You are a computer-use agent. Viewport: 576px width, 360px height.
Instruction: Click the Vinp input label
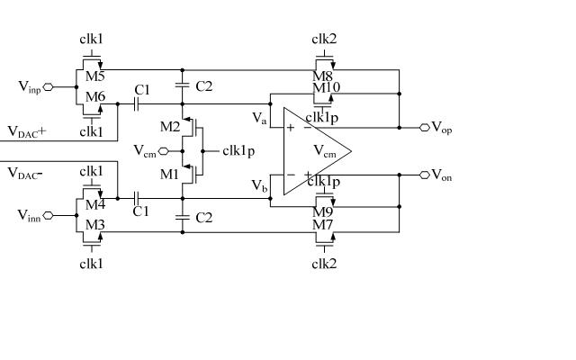(30, 86)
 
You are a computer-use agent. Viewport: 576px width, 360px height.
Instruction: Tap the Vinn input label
(30, 215)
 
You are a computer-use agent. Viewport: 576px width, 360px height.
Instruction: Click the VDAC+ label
(27, 131)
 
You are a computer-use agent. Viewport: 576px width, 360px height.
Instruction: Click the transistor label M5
(96, 77)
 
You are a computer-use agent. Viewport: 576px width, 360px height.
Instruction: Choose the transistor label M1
(170, 174)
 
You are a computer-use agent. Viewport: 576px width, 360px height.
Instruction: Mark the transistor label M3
(96, 223)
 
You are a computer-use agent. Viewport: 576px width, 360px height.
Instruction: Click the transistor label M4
(96, 205)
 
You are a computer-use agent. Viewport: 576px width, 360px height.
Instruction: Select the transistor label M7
(322, 223)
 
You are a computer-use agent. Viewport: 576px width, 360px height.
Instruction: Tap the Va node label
(259, 117)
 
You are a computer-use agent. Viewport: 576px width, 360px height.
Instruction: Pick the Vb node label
(259, 185)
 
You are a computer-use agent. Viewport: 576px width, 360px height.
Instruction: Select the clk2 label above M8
(324, 39)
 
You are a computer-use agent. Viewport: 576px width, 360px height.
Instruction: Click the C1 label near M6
(141, 90)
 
